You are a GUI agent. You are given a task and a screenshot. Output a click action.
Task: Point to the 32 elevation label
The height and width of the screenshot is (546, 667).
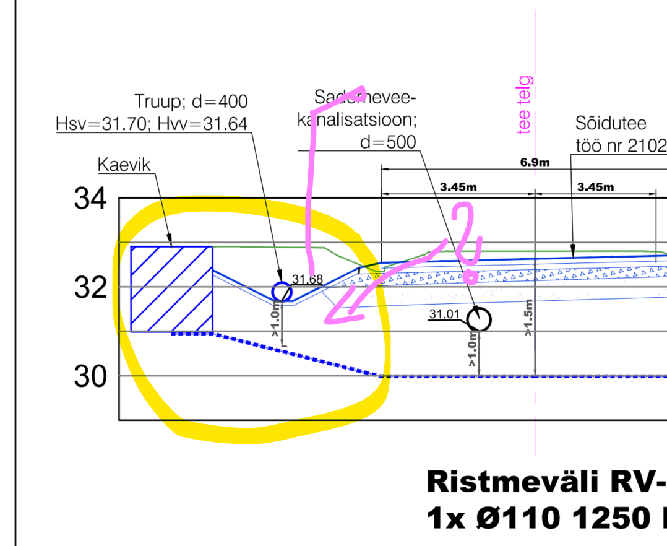click(x=90, y=288)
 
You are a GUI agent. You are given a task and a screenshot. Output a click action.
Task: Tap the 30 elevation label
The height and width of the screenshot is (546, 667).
click(x=90, y=377)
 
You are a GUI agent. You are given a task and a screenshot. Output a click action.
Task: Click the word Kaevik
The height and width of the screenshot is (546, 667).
click(x=124, y=165)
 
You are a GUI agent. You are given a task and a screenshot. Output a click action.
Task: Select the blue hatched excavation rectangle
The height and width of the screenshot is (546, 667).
click(x=172, y=289)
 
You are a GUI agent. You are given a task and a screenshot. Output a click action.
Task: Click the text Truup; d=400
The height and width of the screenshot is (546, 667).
click(x=191, y=102)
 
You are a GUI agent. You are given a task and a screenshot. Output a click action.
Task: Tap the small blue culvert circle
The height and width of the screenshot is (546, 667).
click(x=282, y=291)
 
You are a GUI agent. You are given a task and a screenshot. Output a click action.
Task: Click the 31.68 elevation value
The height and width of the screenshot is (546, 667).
click(x=308, y=280)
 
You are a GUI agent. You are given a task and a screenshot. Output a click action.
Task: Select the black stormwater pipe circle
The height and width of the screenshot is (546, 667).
click(x=478, y=319)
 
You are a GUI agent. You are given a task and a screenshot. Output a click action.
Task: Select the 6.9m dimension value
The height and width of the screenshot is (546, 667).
click(x=535, y=163)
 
